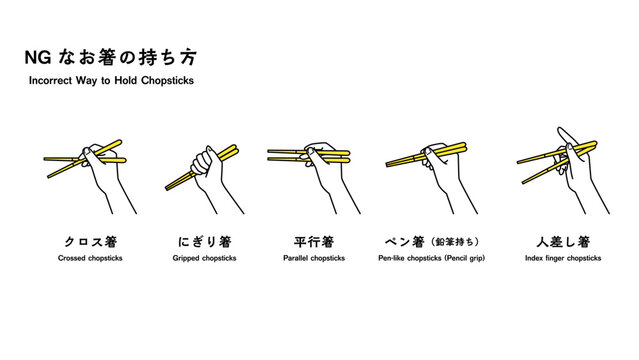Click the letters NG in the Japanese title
38,57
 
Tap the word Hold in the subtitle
125,80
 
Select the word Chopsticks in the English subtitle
167,81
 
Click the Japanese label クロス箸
91,242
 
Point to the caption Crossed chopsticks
90,258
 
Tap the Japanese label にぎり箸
205,242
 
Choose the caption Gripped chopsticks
205,258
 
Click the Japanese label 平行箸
314,242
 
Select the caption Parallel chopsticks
314,258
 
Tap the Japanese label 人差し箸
563,242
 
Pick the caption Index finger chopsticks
563,258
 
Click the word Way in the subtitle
86,81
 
